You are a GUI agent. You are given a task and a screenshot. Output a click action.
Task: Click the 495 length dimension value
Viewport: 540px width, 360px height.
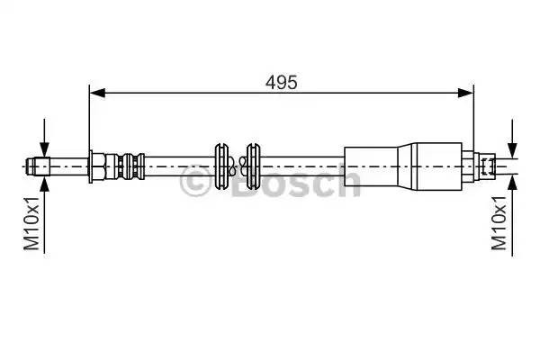click(281, 81)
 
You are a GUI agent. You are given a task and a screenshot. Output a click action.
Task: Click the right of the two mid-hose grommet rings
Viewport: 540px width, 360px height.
click(253, 166)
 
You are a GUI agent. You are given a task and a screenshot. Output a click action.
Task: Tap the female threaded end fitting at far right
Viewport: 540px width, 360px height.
click(487, 166)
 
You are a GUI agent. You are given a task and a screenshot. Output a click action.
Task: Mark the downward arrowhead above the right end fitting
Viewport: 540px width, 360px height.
click(512, 149)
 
